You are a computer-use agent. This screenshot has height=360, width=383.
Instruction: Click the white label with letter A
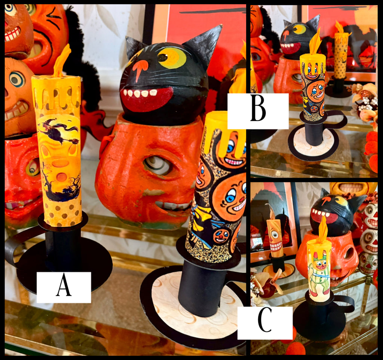[x=64, y=287]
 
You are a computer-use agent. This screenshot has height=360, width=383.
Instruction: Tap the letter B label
[x=258, y=111]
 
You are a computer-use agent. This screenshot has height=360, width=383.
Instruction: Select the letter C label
[x=265, y=323]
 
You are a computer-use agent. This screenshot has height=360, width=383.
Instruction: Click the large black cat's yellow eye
[x=171, y=58]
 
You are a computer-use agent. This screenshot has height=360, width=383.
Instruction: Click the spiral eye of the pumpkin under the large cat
[x=157, y=165]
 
